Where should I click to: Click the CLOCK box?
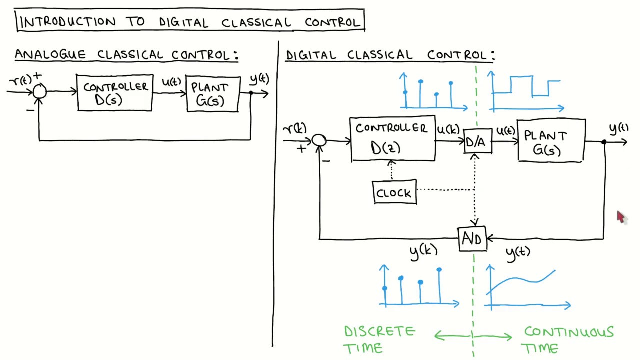394,193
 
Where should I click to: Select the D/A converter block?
477,142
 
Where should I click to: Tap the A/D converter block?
472,239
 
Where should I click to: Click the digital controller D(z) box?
392,140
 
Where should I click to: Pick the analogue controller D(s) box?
115,93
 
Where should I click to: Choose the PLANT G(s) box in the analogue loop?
212,94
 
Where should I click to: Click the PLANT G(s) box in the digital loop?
551,140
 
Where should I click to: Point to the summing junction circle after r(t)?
40,91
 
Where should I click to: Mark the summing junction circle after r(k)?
319,141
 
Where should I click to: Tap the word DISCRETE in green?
379,332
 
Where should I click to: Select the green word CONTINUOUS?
568,332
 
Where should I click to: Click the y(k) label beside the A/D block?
423,252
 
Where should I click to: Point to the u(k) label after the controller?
448,130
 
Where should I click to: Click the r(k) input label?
295,129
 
